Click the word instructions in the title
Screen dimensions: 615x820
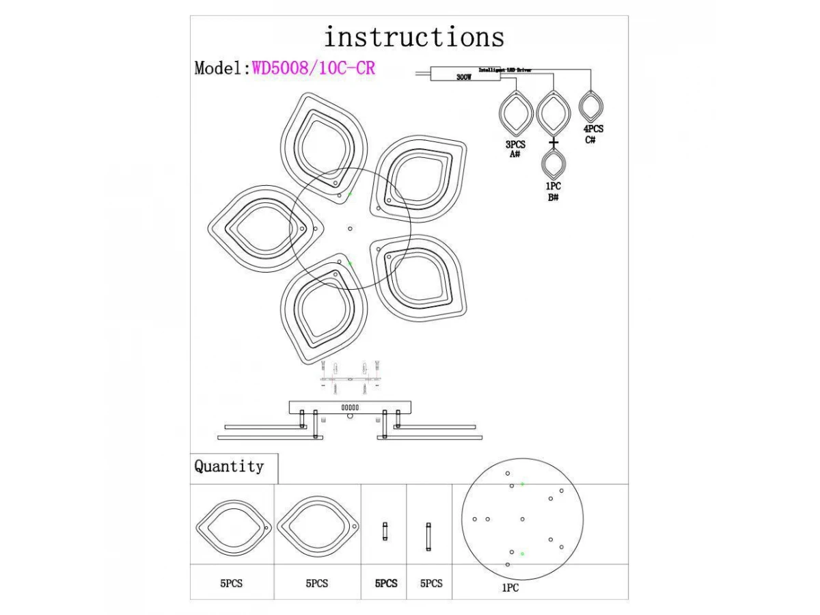click(414, 37)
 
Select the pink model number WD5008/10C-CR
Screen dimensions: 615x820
click(314, 68)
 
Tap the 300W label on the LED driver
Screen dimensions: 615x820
click(463, 77)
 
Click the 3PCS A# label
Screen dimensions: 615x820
click(515, 150)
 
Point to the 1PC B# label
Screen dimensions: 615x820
click(553, 192)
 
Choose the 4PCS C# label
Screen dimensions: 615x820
click(592, 134)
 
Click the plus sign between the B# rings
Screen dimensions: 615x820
click(553, 142)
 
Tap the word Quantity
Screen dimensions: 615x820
click(229, 467)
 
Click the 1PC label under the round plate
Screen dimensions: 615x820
click(510, 588)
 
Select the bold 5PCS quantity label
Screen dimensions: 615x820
click(386, 584)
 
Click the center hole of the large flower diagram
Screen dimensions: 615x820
click(351, 228)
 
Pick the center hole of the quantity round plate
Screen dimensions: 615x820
click(522, 519)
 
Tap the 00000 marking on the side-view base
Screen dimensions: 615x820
click(350, 407)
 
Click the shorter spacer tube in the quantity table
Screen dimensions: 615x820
click(385, 531)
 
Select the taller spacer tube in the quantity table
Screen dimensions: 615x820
click(428, 536)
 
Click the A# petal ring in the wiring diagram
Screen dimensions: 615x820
click(516, 113)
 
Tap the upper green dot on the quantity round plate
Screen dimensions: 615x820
click(522, 484)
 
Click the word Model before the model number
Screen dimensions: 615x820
click(219, 68)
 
